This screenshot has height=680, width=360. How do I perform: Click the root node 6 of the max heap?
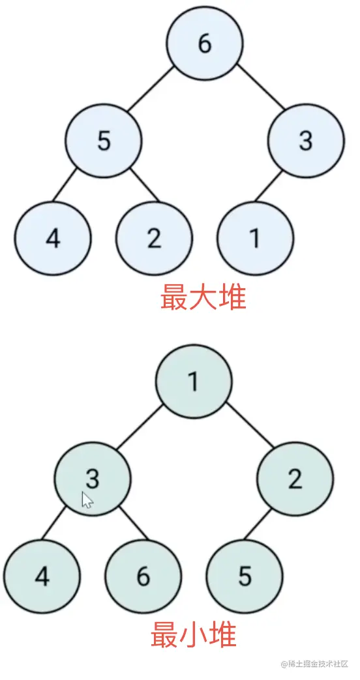tap(205, 43)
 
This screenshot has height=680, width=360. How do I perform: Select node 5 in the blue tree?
tap(104, 141)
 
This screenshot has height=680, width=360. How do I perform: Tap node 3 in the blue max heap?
tap(307, 141)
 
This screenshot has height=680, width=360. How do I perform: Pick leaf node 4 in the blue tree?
tap(53, 238)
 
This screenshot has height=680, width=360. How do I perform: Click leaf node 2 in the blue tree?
tap(154, 238)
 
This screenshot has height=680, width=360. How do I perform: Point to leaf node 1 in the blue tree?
tap(256, 238)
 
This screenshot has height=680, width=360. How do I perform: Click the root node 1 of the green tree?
tap(194, 381)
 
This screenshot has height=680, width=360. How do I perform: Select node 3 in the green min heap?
tap(93, 479)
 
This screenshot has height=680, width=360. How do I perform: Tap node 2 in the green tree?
tap(295, 479)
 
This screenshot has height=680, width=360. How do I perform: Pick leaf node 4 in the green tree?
tap(42, 576)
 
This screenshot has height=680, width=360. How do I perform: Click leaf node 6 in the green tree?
tap(143, 576)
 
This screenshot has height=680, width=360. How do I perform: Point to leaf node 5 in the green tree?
tap(245, 576)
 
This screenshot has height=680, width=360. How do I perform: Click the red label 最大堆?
tap(203, 297)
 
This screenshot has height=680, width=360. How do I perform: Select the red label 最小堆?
tap(193, 634)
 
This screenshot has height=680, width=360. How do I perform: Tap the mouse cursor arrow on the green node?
tap(87, 499)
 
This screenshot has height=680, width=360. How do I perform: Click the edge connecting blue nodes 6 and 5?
tap(151, 89)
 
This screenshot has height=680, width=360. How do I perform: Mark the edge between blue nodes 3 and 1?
tap(269, 186)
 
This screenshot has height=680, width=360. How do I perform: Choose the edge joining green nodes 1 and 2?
tap(250, 426)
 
